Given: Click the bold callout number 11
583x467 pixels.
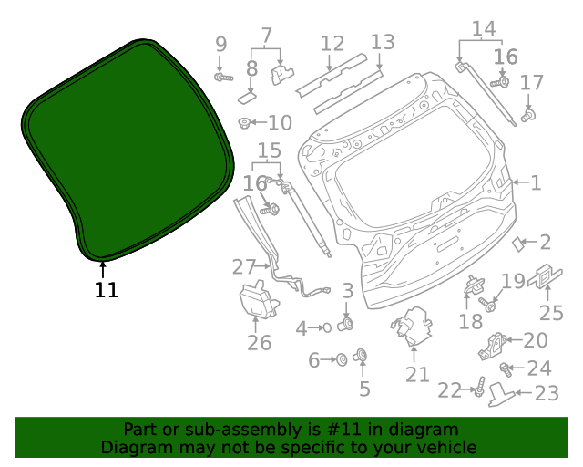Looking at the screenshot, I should (x=107, y=290).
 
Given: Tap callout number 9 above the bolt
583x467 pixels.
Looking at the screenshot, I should (x=220, y=44).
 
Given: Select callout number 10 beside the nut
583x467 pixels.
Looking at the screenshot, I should (x=279, y=122).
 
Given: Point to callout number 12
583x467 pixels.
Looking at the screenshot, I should (x=332, y=43).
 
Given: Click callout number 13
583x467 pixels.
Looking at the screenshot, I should (x=383, y=41).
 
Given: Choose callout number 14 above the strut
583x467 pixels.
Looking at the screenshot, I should (x=483, y=28).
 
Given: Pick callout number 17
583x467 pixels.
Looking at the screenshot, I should (x=531, y=84).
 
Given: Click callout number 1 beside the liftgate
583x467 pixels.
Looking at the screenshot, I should (x=536, y=182).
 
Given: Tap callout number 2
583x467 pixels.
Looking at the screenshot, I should (x=545, y=242).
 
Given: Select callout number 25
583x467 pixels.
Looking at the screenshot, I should (x=552, y=314).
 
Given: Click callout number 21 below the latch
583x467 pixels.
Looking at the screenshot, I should (x=417, y=374).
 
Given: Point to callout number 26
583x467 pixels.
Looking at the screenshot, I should (x=260, y=343).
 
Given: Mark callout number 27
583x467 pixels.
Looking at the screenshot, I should (x=243, y=267).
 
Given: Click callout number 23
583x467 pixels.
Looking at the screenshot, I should (x=546, y=393).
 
